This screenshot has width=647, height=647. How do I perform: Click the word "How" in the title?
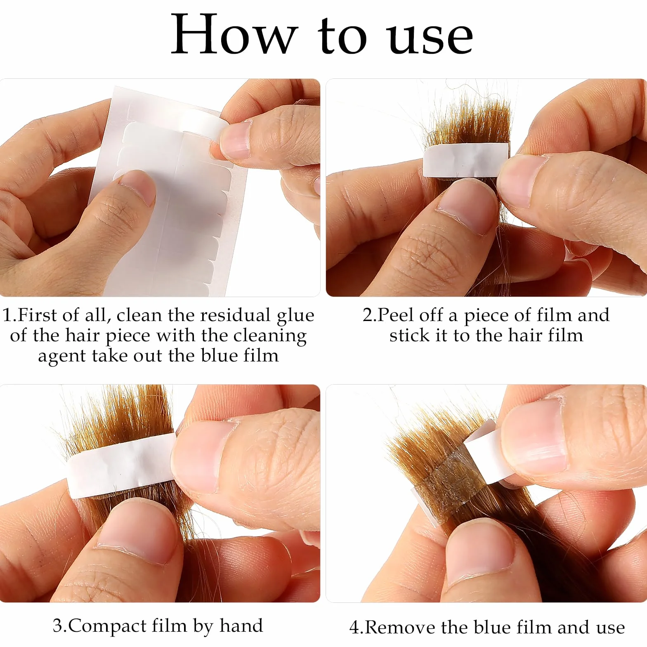pos(234,34)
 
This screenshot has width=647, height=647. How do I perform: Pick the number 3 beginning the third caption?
pos(58,626)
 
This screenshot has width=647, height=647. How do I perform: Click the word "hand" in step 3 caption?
pos(241,626)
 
